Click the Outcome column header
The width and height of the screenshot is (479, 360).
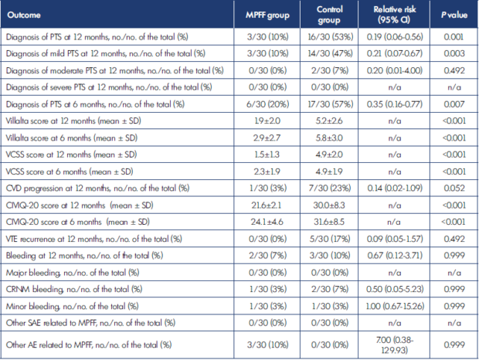click(24, 15)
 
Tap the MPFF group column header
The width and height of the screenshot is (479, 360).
click(267, 15)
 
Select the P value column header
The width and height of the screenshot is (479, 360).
click(454, 15)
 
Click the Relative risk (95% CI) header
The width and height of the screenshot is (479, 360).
click(394, 15)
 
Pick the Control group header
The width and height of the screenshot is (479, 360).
click(329, 15)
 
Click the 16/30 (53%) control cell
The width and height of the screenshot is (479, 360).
click(330, 37)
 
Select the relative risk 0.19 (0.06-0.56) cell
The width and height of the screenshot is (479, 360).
click(395, 37)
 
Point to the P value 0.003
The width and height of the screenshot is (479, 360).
click(454, 54)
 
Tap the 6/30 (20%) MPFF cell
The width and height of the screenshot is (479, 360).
click(267, 104)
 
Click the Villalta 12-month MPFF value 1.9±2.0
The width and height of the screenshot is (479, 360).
click(267, 121)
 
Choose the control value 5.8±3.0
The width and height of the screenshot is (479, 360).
click(329, 138)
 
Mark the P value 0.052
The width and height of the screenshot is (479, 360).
click(454, 188)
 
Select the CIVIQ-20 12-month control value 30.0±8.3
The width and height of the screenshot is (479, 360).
click(329, 205)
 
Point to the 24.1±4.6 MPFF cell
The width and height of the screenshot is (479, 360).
click(267, 222)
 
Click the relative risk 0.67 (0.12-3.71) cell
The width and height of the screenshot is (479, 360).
click(395, 256)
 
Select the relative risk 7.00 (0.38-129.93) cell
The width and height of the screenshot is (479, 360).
click(394, 345)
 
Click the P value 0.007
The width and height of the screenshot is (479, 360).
click(454, 104)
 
